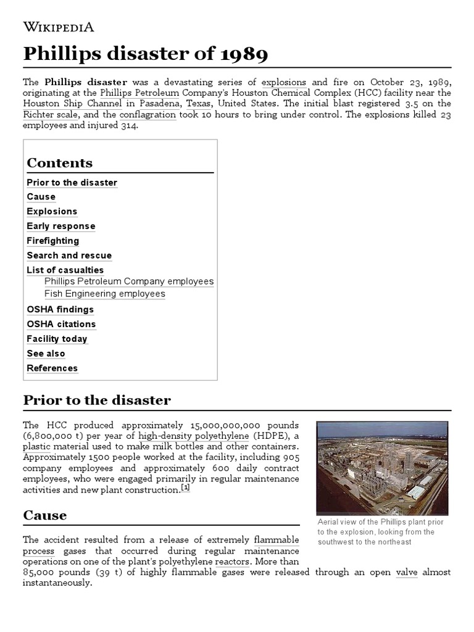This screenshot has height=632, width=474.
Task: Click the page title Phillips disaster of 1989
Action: pyautogui.click(x=146, y=54)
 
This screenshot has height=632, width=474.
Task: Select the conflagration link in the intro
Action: pyautogui.click(x=148, y=115)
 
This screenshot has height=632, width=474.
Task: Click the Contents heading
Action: pyautogui.click(x=60, y=163)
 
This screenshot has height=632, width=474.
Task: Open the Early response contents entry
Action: pyautogui.click(x=61, y=226)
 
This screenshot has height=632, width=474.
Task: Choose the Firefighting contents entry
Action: pyautogui.click(x=53, y=241)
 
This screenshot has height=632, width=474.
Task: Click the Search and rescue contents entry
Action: pyautogui.click(x=69, y=256)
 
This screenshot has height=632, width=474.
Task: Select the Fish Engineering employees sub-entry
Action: pyautogui.click(x=105, y=294)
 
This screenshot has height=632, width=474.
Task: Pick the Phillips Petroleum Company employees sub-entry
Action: pyautogui.click(x=129, y=281)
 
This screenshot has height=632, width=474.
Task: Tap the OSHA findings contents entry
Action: pyautogui.click(x=60, y=309)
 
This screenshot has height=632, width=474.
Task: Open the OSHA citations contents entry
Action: pyautogui.click(x=61, y=324)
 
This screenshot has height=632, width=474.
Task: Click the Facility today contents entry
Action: pyautogui.click(x=57, y=339)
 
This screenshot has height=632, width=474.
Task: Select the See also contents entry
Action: pyautogui.click(x=46, y=354)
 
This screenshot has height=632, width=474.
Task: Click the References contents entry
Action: pyautogui.click(x=52, y=368)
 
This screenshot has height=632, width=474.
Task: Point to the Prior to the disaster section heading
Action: pyautogui.click(x=97, y=400)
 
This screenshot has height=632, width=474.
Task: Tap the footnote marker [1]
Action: pyautogui.click(x=185, y=488)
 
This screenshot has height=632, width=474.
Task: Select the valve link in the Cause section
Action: pyautogui.click(x=407, y=572)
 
